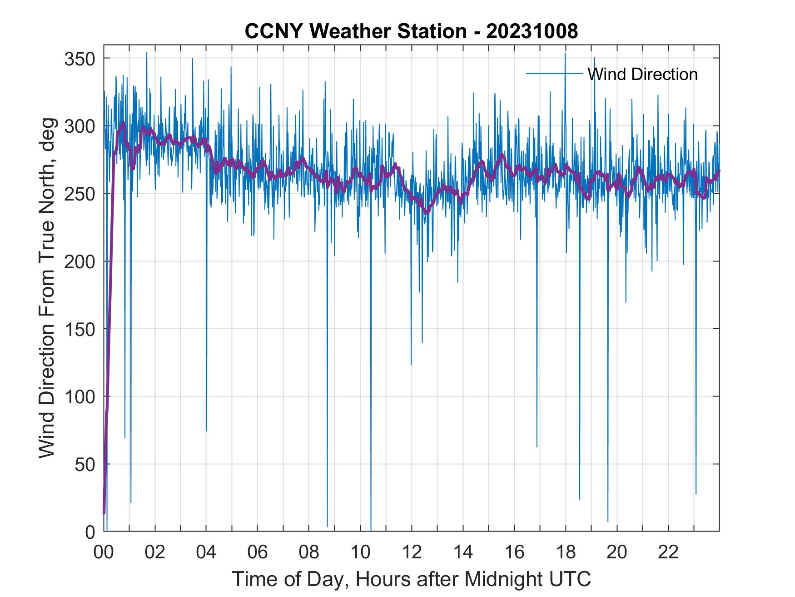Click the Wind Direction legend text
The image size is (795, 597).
[642, 74]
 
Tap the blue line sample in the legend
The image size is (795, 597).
[554, 73]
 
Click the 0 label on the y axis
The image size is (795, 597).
[90, 532]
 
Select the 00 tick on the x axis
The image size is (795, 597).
[104, 552]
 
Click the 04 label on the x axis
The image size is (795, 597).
[206, 552]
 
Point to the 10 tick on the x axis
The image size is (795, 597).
[360, 552]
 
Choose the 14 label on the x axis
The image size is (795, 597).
[463, 552]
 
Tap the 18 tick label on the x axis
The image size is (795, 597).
[566, 552]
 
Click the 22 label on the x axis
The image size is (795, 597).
[668, 552]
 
